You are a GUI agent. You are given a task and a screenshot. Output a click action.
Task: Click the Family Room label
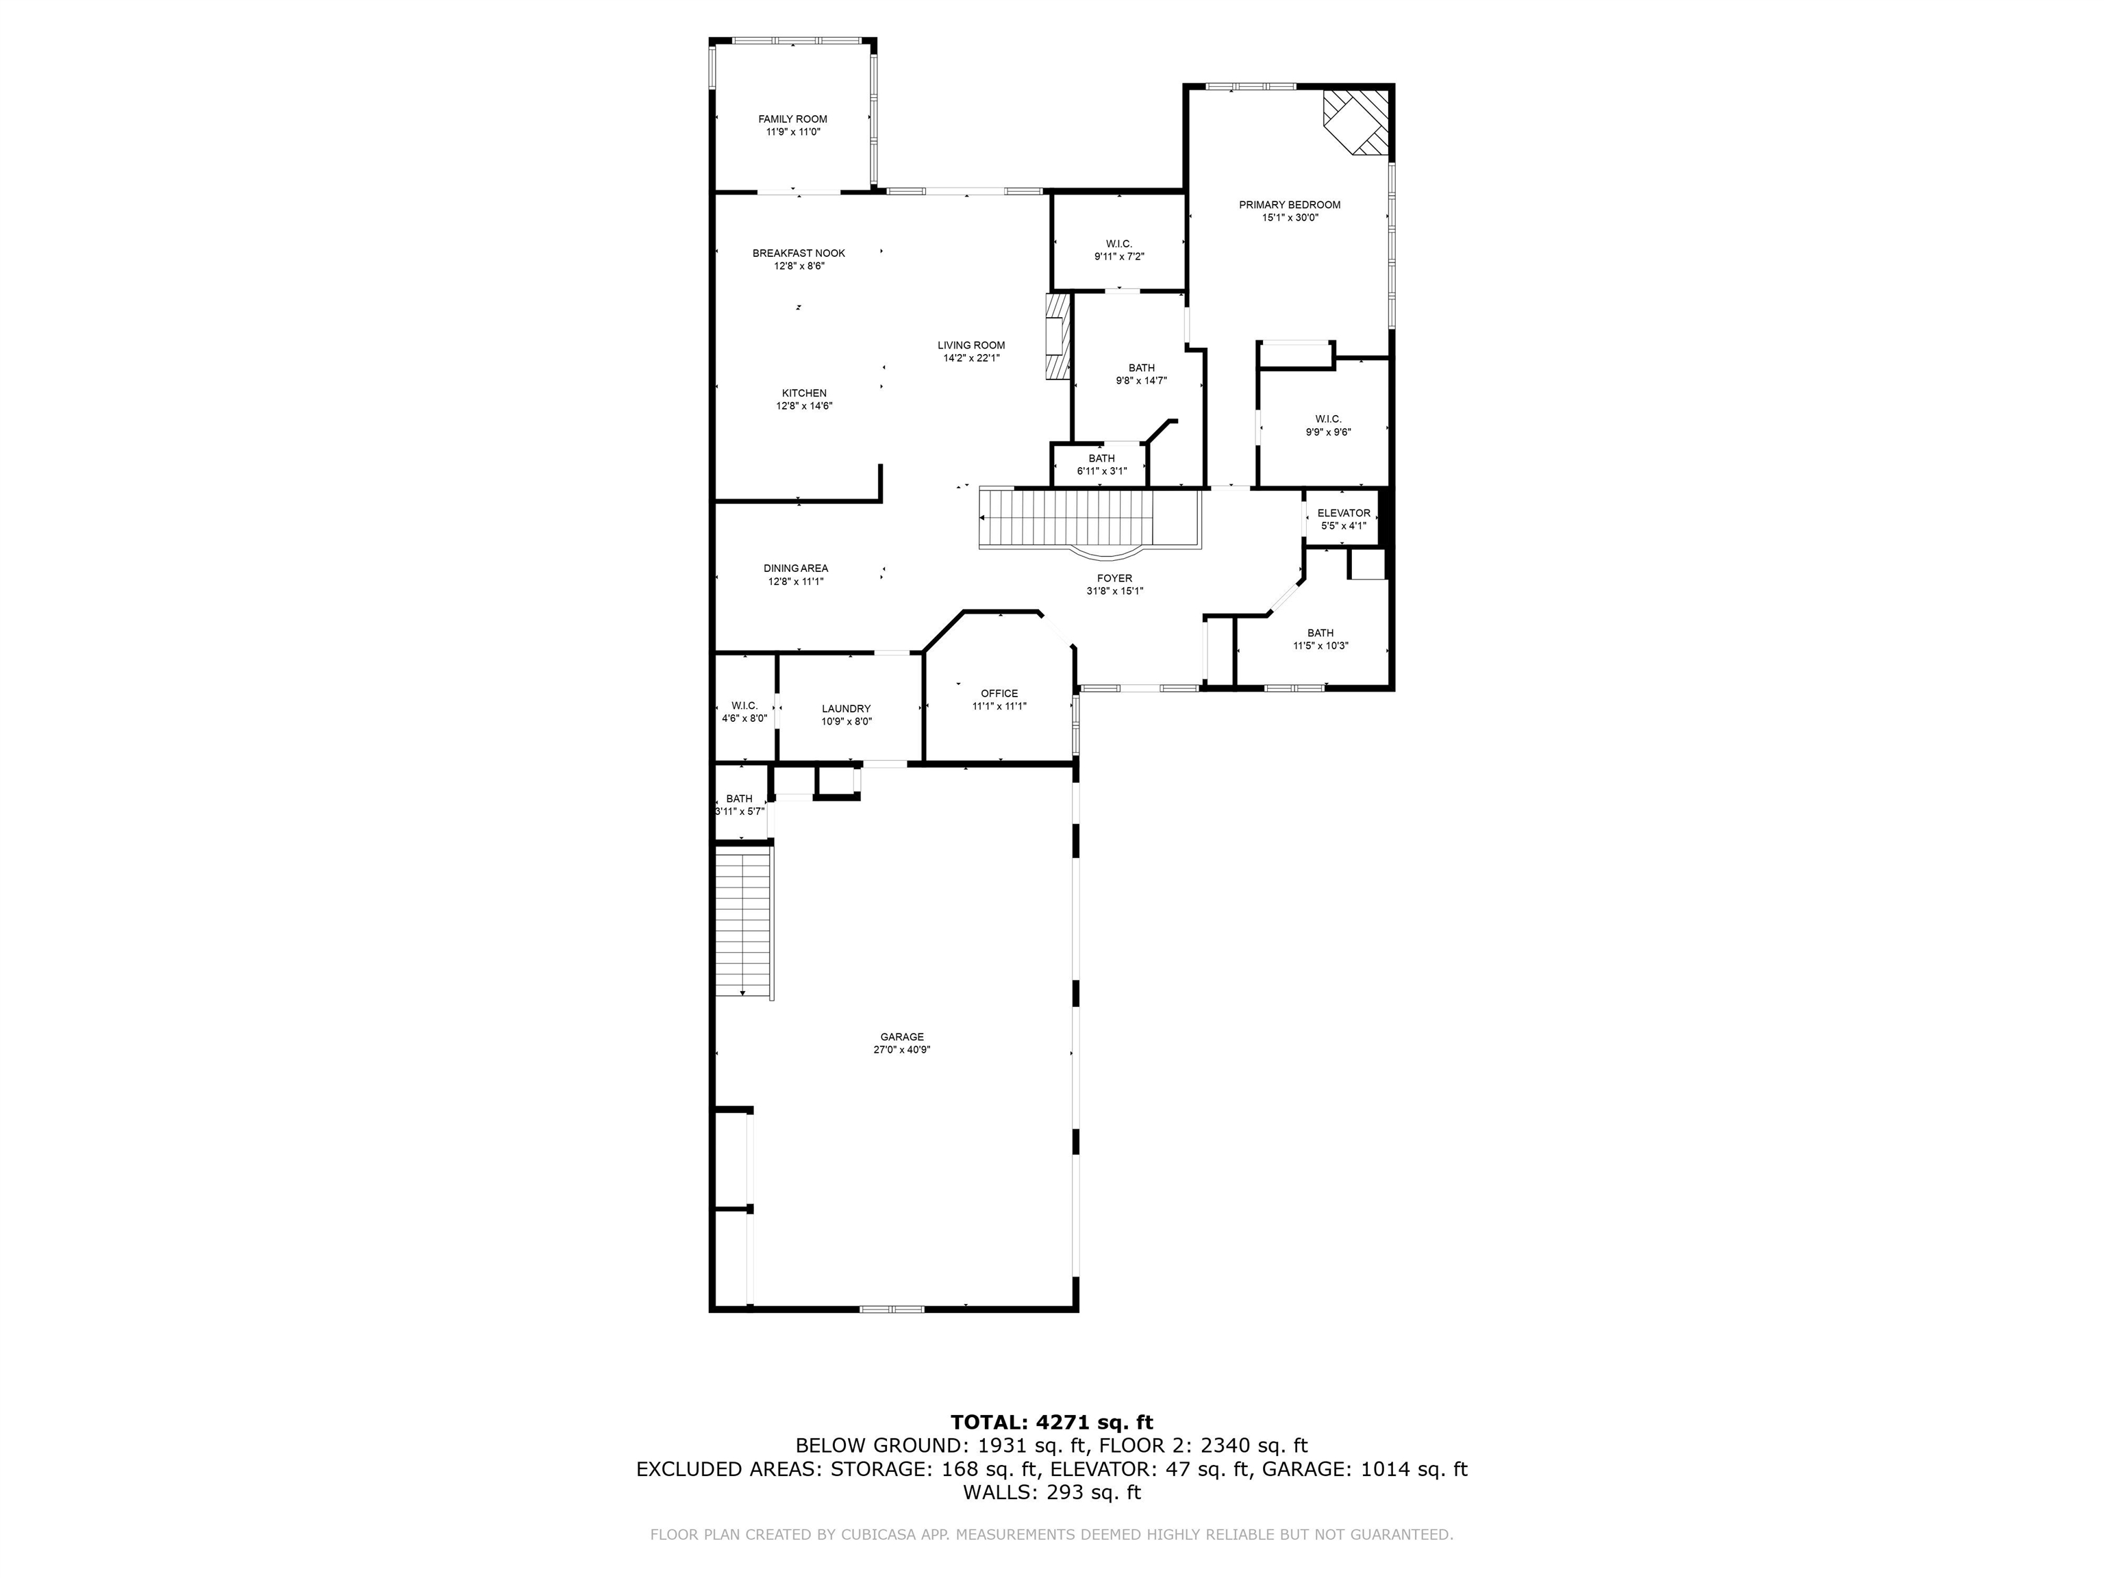coord(792,119)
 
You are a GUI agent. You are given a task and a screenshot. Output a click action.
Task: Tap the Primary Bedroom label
coord(1289,205)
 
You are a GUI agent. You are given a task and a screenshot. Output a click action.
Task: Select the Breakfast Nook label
coord(798,253)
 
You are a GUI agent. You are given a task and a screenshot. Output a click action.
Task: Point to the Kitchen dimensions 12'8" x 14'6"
coord(804,406)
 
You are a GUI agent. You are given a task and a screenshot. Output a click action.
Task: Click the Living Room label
coord(970,345)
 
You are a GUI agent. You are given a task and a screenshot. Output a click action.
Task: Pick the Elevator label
coord(1343,514)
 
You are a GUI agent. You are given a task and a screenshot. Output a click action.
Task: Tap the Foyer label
coord(1114,578)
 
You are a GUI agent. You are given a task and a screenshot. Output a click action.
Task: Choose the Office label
coord(999,693)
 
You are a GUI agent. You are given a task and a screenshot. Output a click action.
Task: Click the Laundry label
coord(846,709)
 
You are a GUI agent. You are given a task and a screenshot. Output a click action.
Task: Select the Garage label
coord(901,1037)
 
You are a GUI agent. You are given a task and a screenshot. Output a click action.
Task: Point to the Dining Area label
coord(795,568)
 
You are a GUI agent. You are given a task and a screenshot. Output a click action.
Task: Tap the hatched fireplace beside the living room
coord(1057,338)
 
